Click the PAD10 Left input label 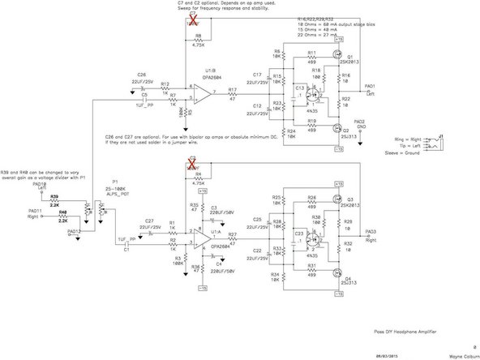tap(38, 186)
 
